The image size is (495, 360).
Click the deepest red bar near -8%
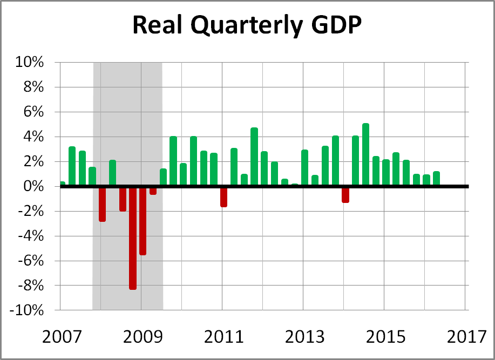(133, 237)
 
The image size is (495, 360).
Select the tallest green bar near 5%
(365, 155)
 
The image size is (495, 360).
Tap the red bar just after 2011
(223, 197)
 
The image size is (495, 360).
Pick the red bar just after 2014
(345, 195)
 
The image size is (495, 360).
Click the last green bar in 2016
(437, 179)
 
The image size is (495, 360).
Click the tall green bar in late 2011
(254, 157)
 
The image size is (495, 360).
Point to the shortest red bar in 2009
(153, 191)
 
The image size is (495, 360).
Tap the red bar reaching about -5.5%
(143, 221)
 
